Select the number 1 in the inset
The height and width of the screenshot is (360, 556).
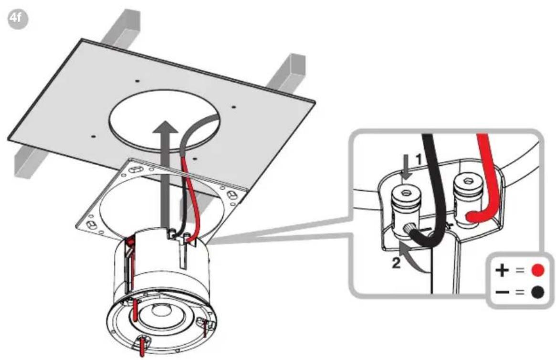click(x=419, y=159)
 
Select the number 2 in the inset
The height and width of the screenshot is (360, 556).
click(x=396, y=263)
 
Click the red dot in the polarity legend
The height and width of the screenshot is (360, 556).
click(x=537, y=270)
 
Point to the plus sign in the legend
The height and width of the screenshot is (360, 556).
click(x=502, y=270)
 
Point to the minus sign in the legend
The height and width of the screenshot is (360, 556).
click(x=502, y=293)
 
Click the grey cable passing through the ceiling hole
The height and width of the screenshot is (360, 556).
click(x=191, y=138)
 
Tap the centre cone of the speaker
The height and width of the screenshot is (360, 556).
click(x=159, y=312)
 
